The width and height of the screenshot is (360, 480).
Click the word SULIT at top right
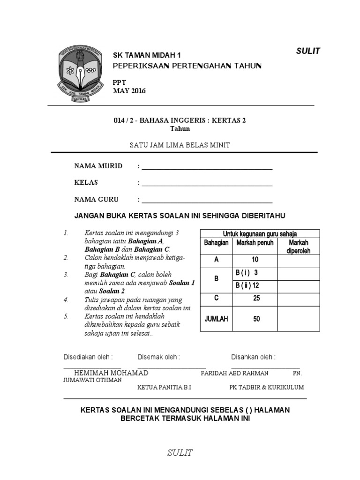308,51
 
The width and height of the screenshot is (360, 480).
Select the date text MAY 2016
129,91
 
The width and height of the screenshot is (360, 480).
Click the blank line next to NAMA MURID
207,168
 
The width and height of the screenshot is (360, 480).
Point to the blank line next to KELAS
207,184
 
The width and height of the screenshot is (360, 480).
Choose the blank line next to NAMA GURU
207,201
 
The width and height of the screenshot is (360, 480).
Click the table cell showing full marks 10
255,260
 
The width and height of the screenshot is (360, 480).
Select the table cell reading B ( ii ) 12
248,285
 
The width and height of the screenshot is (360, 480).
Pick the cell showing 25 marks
256,298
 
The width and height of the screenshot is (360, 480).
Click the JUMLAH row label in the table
216,319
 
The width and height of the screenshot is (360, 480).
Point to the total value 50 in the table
256,319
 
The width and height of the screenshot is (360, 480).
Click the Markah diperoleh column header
299,247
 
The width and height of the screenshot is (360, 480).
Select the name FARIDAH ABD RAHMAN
234,373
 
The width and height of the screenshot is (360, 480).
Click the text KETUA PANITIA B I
164,388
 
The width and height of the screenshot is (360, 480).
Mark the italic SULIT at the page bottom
180,452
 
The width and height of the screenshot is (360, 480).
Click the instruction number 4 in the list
66,300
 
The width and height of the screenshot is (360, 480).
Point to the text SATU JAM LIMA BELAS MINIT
180,145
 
